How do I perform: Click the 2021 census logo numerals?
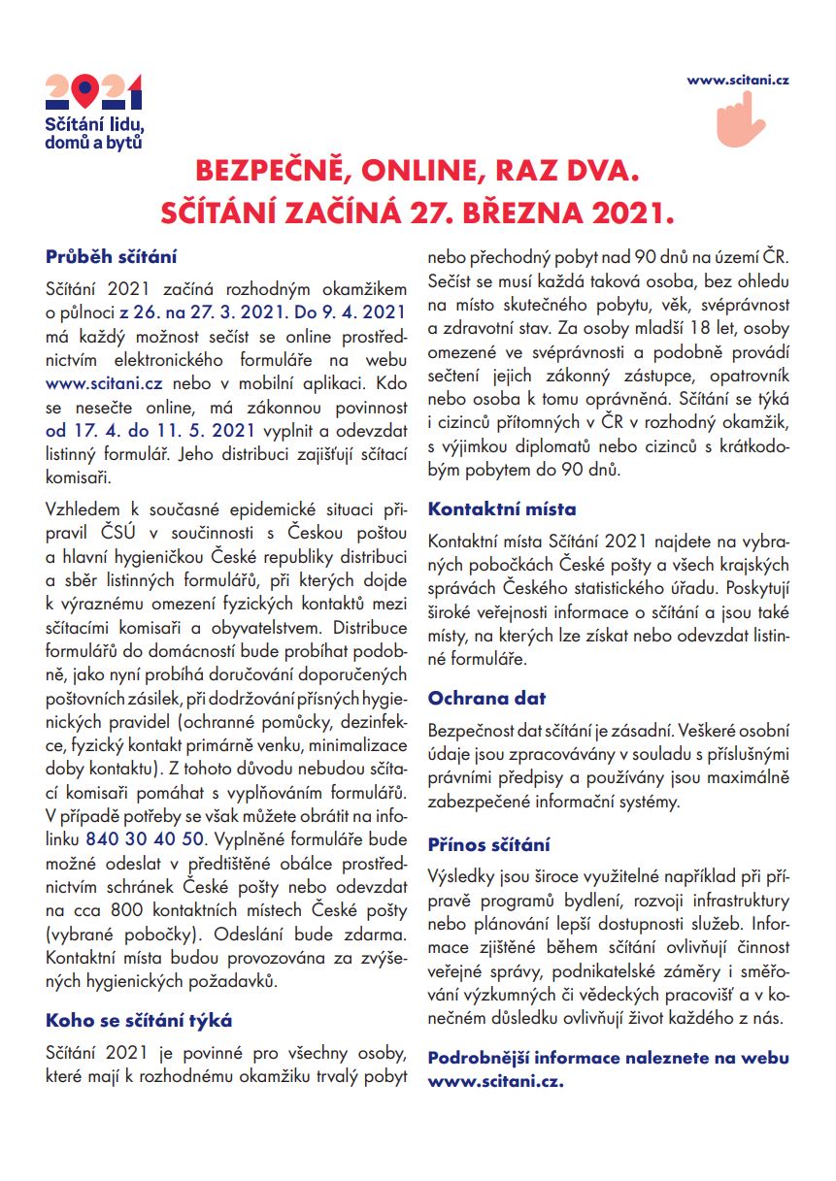click(94, 92)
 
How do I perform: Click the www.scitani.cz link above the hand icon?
click(737, 81)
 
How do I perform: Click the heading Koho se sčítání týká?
click(139, 1020)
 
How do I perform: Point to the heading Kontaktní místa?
click(502, 508)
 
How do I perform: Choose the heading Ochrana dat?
click(486, 698)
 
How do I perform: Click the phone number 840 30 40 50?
click(146, 837)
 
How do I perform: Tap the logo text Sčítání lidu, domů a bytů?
click(95, 133)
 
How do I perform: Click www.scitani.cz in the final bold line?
click(495, 1080)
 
